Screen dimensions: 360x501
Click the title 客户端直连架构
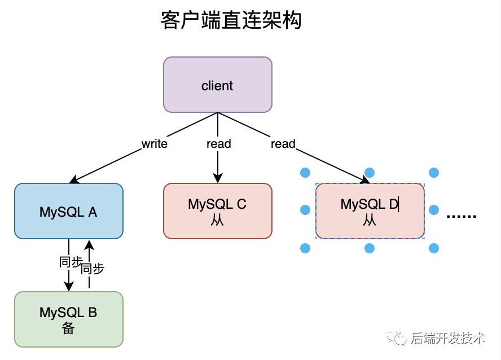231,21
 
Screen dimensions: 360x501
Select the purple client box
218,85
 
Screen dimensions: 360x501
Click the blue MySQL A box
68,211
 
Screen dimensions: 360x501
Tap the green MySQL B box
68,319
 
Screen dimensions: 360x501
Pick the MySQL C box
218,210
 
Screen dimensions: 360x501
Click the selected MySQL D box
370,211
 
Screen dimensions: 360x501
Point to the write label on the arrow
154,144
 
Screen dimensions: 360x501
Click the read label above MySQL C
218,144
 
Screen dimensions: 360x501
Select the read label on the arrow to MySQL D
283,144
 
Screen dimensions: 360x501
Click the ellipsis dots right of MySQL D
462,216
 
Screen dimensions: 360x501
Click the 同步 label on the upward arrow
93,269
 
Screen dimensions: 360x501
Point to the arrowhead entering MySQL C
218,178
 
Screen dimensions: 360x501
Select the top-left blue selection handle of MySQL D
305,173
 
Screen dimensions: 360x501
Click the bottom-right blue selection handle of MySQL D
433,248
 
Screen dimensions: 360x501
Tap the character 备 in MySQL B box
68,328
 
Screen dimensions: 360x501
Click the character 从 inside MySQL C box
218,220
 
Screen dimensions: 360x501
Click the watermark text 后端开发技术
447,338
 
